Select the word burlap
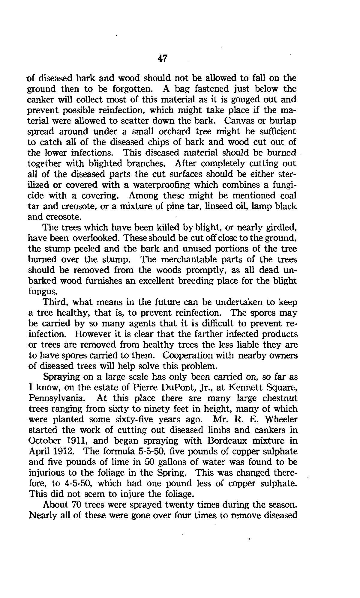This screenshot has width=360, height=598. coord(282,121)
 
